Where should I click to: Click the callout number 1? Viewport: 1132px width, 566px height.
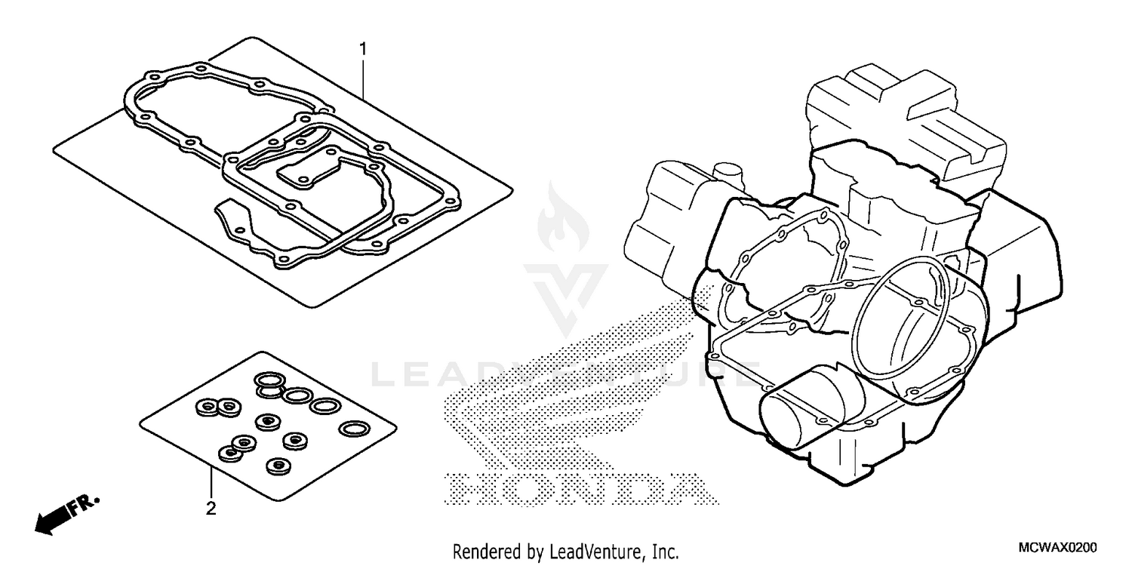[363, 51]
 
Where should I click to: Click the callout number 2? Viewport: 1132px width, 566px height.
[211, 508]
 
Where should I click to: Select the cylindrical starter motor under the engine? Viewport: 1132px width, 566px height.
[804, 411]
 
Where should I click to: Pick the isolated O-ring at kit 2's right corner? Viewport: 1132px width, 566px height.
[351, 429]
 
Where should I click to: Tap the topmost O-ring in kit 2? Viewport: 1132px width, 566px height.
[266, 379]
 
